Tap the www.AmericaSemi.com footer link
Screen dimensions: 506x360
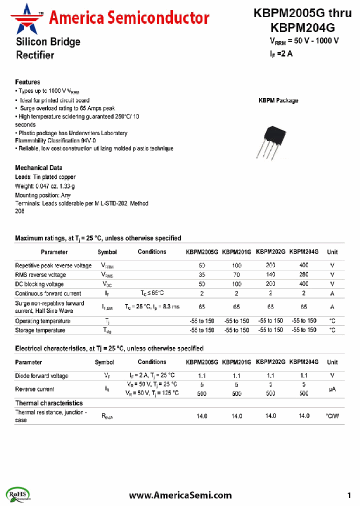pyautogui.click(x=180, y=495)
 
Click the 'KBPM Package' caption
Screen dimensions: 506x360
pyautogui.click(x=278, y=100)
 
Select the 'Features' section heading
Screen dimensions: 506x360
pyautogui.click(x=27, y=82)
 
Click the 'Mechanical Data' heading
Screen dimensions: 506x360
pyautogui.click(x=38, y=168)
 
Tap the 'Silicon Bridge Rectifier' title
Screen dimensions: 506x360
pyautogui.click(x=47, y=48)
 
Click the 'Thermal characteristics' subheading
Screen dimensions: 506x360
pyautogui.click(x=49, y=403)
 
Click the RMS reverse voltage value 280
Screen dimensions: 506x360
pyautogui.click(x=304, y=275)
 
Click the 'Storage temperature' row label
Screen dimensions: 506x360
pyautogui.click(x=40, y=330)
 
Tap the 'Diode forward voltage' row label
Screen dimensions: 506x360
pyautogui.click(x=41, y=376)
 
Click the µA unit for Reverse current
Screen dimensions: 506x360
pyautogui.click(x=332, y=389)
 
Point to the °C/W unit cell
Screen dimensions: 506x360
pyautogui.click(x=332, y=415)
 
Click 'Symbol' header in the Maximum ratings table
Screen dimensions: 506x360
pyautogui.click(x=107, y=252)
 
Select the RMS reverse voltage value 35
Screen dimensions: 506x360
pyautogui.click(x=202, y=275)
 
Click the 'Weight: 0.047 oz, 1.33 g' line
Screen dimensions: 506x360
pyautogui.click(x=45, y=186)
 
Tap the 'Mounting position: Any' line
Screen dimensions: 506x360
pyautogui.click(x=42, y=195)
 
